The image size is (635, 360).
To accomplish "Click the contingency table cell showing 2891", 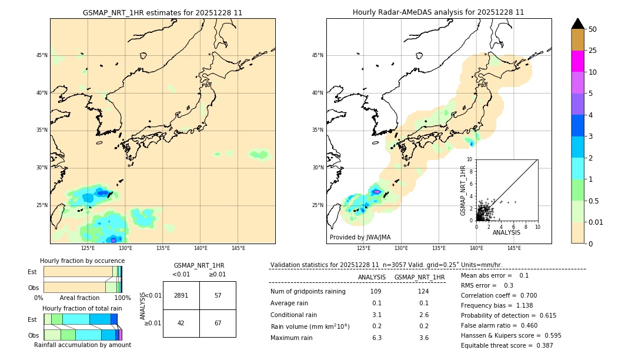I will tap(181, 295).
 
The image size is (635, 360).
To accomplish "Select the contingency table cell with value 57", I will tap(218, 295).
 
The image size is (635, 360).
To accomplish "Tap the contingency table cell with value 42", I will tap(181, 323).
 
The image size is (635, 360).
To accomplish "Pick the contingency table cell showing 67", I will tap(218, 323).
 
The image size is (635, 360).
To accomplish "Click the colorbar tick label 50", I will tap(593, 29).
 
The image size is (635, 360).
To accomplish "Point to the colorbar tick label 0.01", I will tap(596, 222).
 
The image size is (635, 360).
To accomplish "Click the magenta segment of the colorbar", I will tap(578, 61).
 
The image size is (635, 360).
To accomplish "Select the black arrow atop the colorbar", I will tap(578, 24).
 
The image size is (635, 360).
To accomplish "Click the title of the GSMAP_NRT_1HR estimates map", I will tap(162, 12).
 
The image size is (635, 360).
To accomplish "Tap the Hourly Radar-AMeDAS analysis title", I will tap(439, 12).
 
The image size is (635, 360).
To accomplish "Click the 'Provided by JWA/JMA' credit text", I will tap(360, 238).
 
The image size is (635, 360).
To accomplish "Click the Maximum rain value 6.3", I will tap(376, 338).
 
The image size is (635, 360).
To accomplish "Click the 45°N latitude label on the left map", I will tap(42, 55).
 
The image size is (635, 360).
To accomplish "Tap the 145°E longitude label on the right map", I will tap(514, 248).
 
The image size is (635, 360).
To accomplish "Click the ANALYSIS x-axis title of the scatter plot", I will tap(506, 232).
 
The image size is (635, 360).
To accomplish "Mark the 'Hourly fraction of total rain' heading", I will tap(82, 308).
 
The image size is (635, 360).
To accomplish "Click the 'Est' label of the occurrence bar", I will tap(32, 272).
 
